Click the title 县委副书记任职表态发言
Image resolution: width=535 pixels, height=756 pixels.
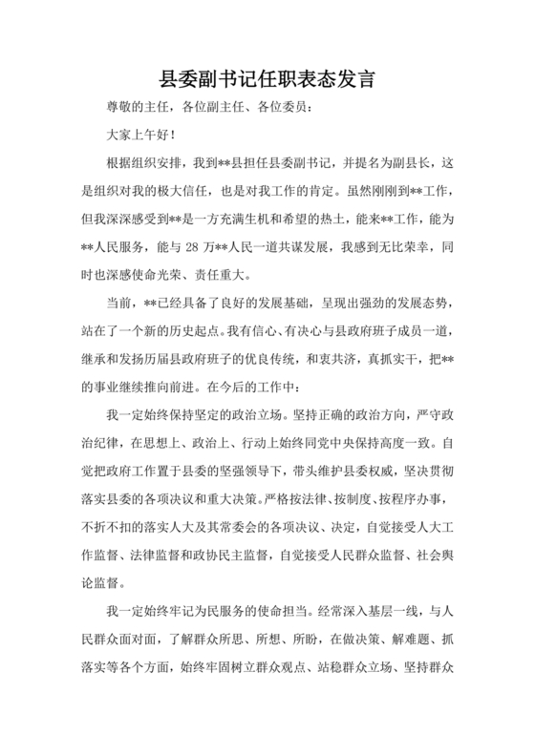coord(267,79)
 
